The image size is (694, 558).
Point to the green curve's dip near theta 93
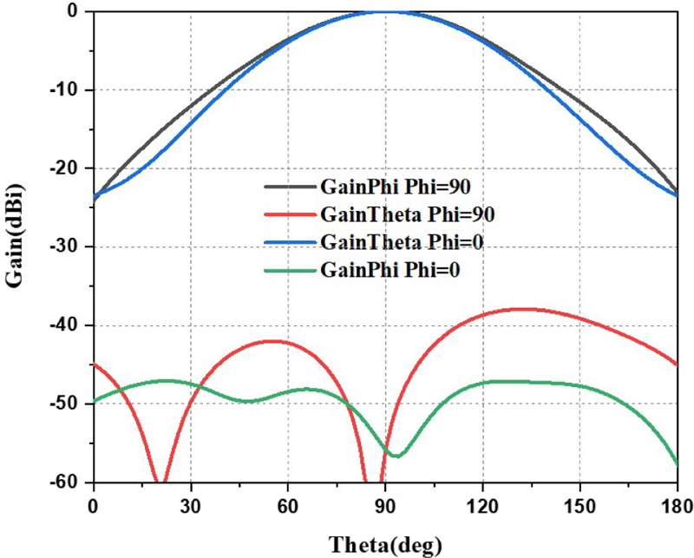point(395,456)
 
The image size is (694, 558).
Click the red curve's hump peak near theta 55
point(272,341)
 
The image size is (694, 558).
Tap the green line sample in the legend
point(288,269)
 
